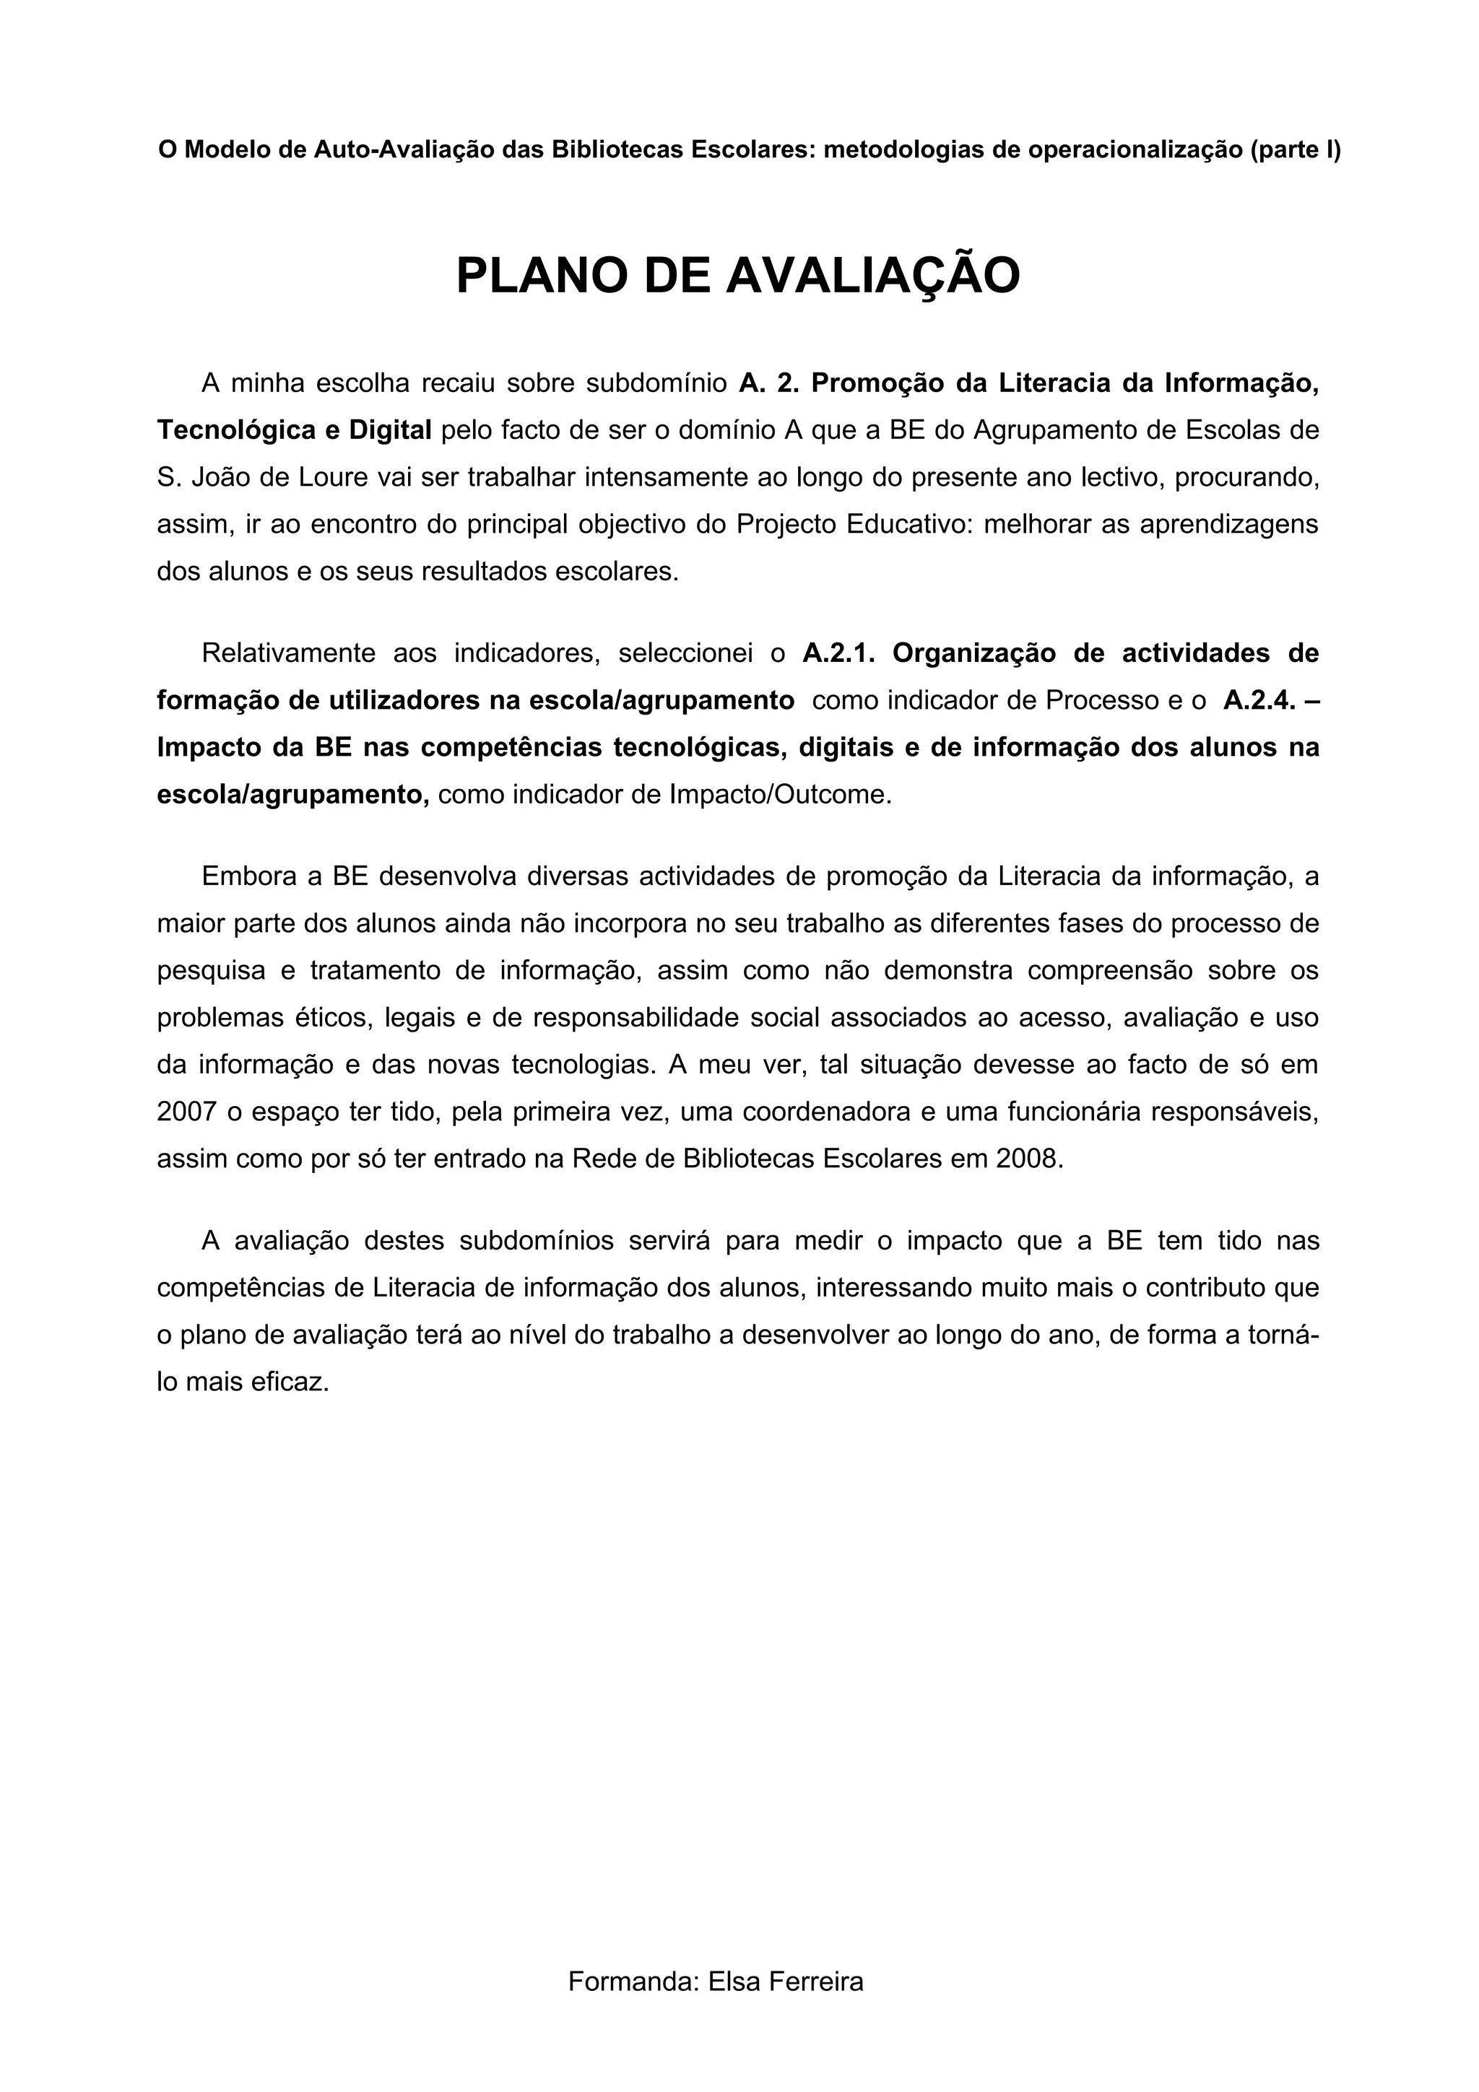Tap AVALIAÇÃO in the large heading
pyautogui.click(x=872, y=276)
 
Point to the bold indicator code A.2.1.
pyautogui.click(x=838, y=653)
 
